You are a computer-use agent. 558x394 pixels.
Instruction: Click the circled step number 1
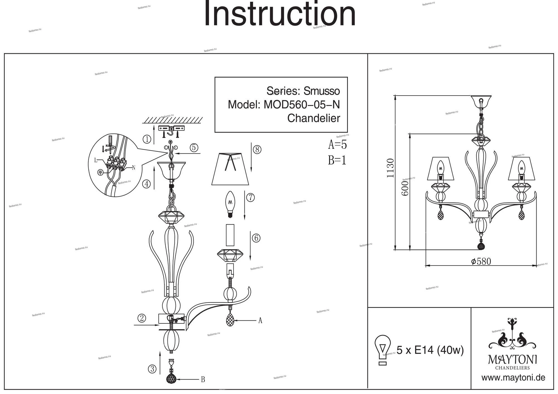tap(147, 139)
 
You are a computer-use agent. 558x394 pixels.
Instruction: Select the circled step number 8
tap(257, 150)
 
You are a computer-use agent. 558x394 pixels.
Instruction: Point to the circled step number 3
tap(152, 369)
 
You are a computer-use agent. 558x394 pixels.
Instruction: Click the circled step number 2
tap(142, 318)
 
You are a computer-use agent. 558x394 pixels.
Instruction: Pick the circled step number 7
tap(250, 198)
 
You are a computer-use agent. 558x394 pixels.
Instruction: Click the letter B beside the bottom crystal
tap(203, 380)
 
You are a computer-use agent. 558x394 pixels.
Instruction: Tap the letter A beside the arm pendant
tap(260, 321)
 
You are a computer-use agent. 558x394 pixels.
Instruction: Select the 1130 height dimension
tap(390, 168)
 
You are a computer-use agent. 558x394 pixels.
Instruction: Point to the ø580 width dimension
tap(481, 261)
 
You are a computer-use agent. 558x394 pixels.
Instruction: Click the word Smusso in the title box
tap(322, 91)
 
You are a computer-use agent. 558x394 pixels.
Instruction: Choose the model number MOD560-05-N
tap(302, 105)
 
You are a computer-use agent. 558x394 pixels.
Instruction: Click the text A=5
tap(337, 145)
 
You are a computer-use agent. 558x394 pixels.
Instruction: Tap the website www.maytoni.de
tap(513, 378)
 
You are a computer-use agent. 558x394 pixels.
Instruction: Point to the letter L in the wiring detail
tap(96, 160)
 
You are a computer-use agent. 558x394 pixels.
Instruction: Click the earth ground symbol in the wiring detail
tap(100, 172)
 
